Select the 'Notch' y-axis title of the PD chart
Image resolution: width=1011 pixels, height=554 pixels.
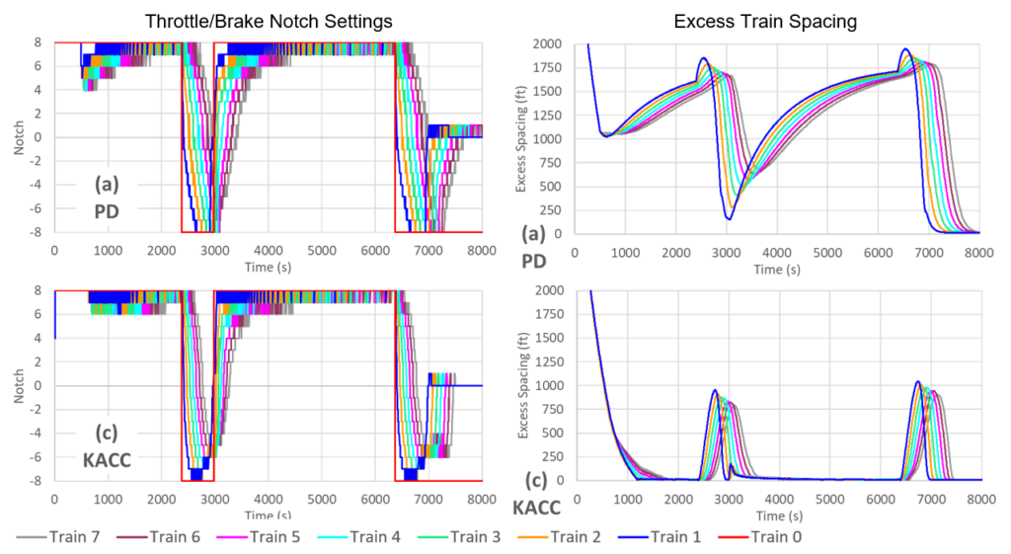[18, 137]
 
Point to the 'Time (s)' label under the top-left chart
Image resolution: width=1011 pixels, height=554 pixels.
[268, 267]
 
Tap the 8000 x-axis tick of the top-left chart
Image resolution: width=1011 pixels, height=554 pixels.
[481, 250]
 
